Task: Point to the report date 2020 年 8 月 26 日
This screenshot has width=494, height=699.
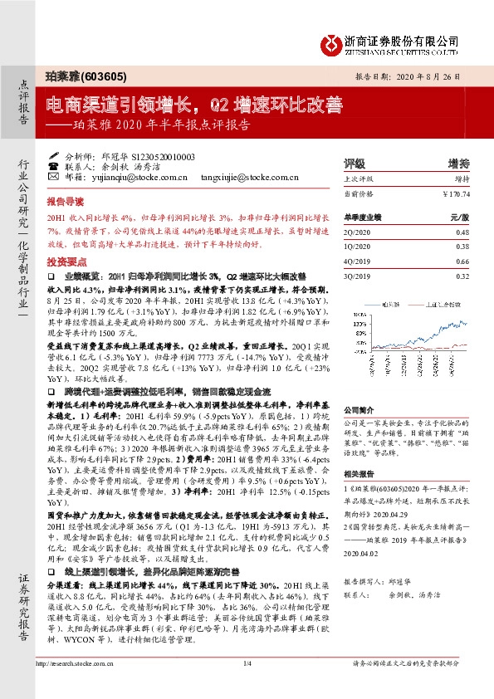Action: pyautogui.click(x=429, y=75)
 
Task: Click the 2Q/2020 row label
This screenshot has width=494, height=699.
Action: pyautogui.click(x=357, y=232)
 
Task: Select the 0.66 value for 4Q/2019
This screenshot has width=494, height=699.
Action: pyautogui.click(x=462, y=262)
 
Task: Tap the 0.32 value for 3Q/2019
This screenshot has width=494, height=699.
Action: pyautogui.click(x=462, y=276)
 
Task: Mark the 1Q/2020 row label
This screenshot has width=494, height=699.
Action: pyautogui.click(x=357, y=247)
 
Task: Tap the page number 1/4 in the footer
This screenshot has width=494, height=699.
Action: pyautogui.click(x=247, y=686)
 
